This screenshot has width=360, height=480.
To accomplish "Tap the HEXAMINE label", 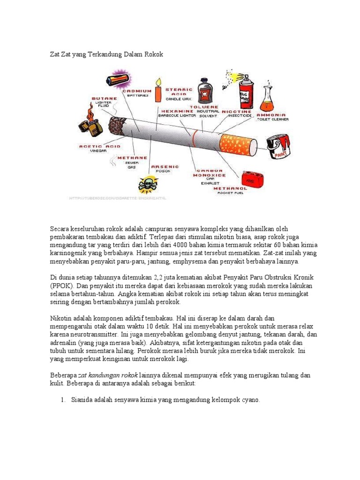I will click(x=176, y=111).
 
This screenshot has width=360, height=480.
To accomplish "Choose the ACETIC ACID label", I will click(x=99, y=146).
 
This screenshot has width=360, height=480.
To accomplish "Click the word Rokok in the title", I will click(x=154, y=54).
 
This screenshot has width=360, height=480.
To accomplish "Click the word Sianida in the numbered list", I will click(x=83, y=400).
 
